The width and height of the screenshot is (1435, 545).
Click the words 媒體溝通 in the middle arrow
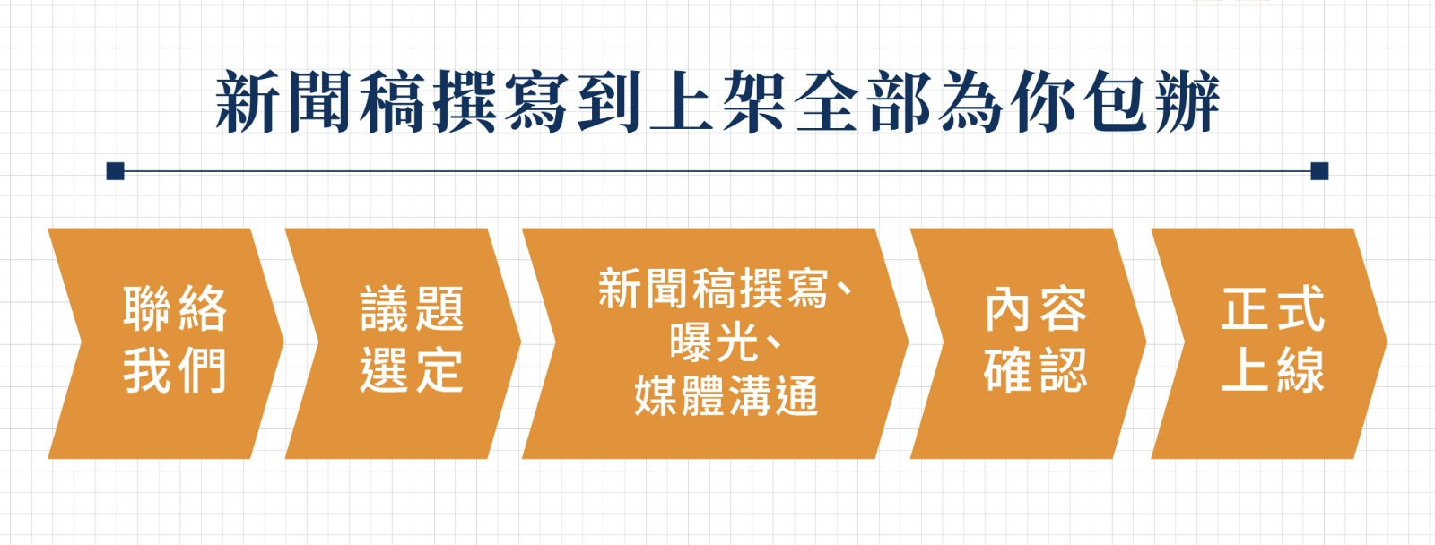pyautogui.click(x=726, y=396)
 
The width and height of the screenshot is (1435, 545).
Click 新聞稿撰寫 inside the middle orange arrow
pyautogui.click(x=713, y=289)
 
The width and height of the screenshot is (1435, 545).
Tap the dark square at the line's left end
pyautogui.click(x=116, y=171)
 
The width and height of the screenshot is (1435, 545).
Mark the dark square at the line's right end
pyautogui.click(x=1319, y=171)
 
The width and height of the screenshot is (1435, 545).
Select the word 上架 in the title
pyautogui.click(x=717, y=102)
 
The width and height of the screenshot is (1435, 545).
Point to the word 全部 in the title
pyautogui.click(x=863, y=102)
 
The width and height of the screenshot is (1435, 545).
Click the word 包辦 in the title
pyautogui.click(x=1152, y=102)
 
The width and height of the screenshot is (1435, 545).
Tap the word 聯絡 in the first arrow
pyautogui.click(x=175, y=309)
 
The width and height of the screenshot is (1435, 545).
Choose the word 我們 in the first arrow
pyautogui.click(x=175, y=371)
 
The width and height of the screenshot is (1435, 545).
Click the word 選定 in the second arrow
pyautogui.click(x=412, y=371)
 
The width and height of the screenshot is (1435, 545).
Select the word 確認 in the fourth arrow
pyautogui.click(x=1036, y=371)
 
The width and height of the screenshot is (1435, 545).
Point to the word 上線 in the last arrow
pyautogui.click(x=1273, y=371)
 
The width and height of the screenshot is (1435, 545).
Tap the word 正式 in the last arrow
pyautogui.click(x=1273, y=309)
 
